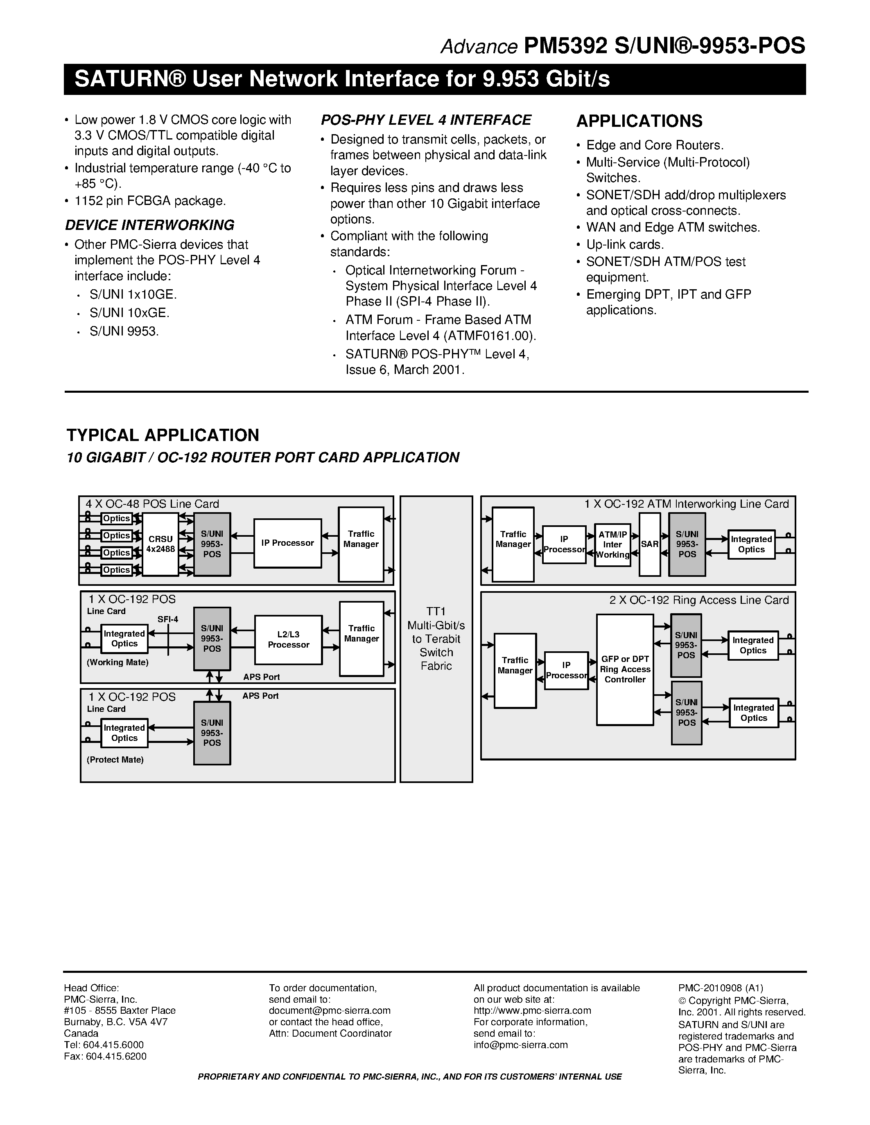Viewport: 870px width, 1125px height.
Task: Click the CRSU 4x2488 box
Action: [160, 544]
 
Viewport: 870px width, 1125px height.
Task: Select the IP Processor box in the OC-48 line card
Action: [287, 543]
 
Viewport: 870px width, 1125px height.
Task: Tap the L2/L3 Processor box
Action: [288, 640]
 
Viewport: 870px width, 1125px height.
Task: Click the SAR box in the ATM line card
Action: [649, 544]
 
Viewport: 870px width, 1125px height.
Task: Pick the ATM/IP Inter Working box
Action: [612, 544]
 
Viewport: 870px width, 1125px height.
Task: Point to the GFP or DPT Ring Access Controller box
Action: [625, 669]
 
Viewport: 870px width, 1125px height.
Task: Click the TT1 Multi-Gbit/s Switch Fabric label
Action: [436, 638]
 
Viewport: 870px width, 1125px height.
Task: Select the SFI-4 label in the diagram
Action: [168, 619]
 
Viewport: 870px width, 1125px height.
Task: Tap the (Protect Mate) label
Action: [115, 759]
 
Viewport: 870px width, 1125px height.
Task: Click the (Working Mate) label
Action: [118, 662]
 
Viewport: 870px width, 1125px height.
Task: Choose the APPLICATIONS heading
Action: [639, 121]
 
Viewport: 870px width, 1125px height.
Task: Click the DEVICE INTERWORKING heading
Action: [149, 225]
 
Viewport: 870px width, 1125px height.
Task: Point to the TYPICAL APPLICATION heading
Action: [163, 435]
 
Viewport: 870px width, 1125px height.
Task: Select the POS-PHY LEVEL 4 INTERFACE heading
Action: [426, 120]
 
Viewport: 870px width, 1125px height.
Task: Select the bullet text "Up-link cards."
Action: [625, 245]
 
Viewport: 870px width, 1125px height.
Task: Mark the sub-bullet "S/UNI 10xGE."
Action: [129, 313]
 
